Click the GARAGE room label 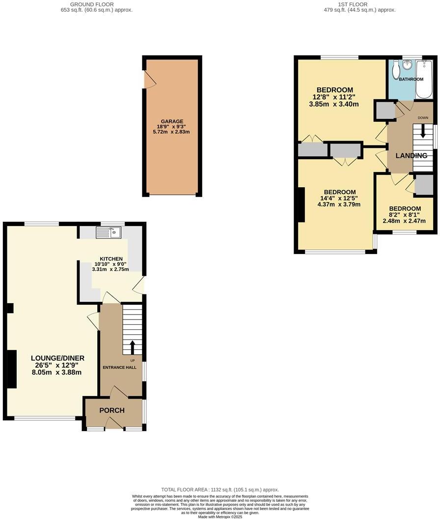(172, 121)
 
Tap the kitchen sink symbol (109, 232)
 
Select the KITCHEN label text (111, 259)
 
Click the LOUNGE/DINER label (57, 358)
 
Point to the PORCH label (112, 410)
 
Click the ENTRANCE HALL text (119, 367)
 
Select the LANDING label (412, 156)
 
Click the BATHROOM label (411, 79)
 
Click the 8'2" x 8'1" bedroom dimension (405, 215)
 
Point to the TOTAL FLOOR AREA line (220, 490)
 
